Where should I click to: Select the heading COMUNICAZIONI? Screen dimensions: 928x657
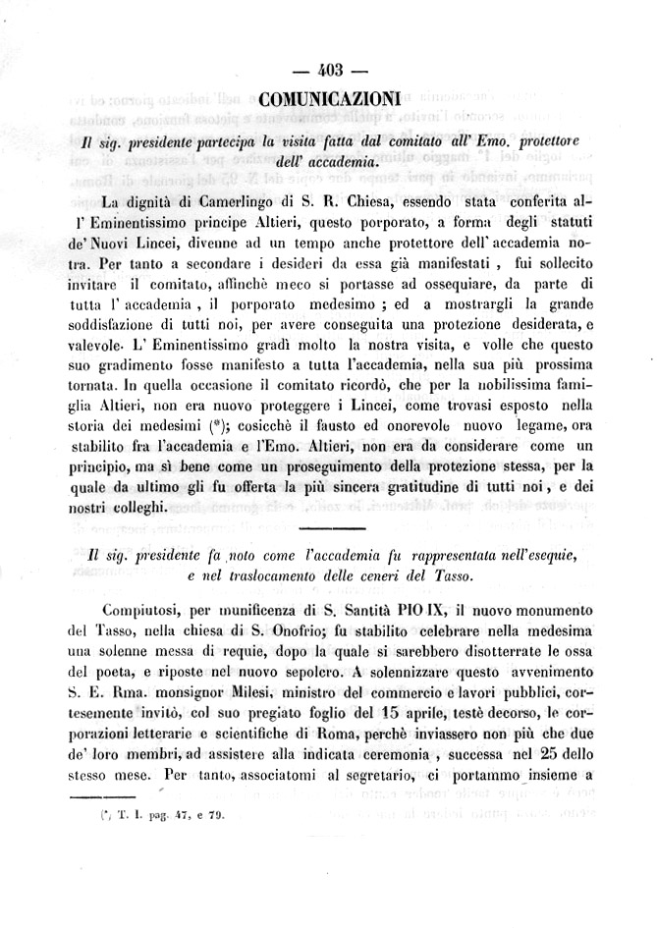point(329,98)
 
